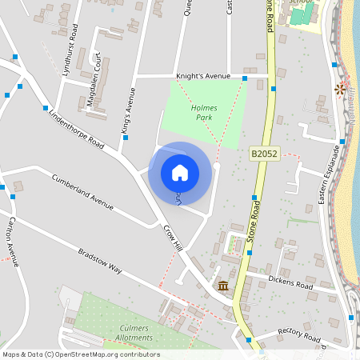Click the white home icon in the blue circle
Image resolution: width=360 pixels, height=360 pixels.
[x=180, y=172]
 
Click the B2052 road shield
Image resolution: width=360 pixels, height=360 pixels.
[x=263, y=153]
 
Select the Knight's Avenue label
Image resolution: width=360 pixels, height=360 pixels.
[x=203, y=76]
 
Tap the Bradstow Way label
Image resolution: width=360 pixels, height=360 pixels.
[x=100, y=261]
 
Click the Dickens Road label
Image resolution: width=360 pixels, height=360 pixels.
[x=290, y=283]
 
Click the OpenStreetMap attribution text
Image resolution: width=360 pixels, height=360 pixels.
[x=80, y=354]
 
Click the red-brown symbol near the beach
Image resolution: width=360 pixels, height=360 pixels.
[x=342, y=88]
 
